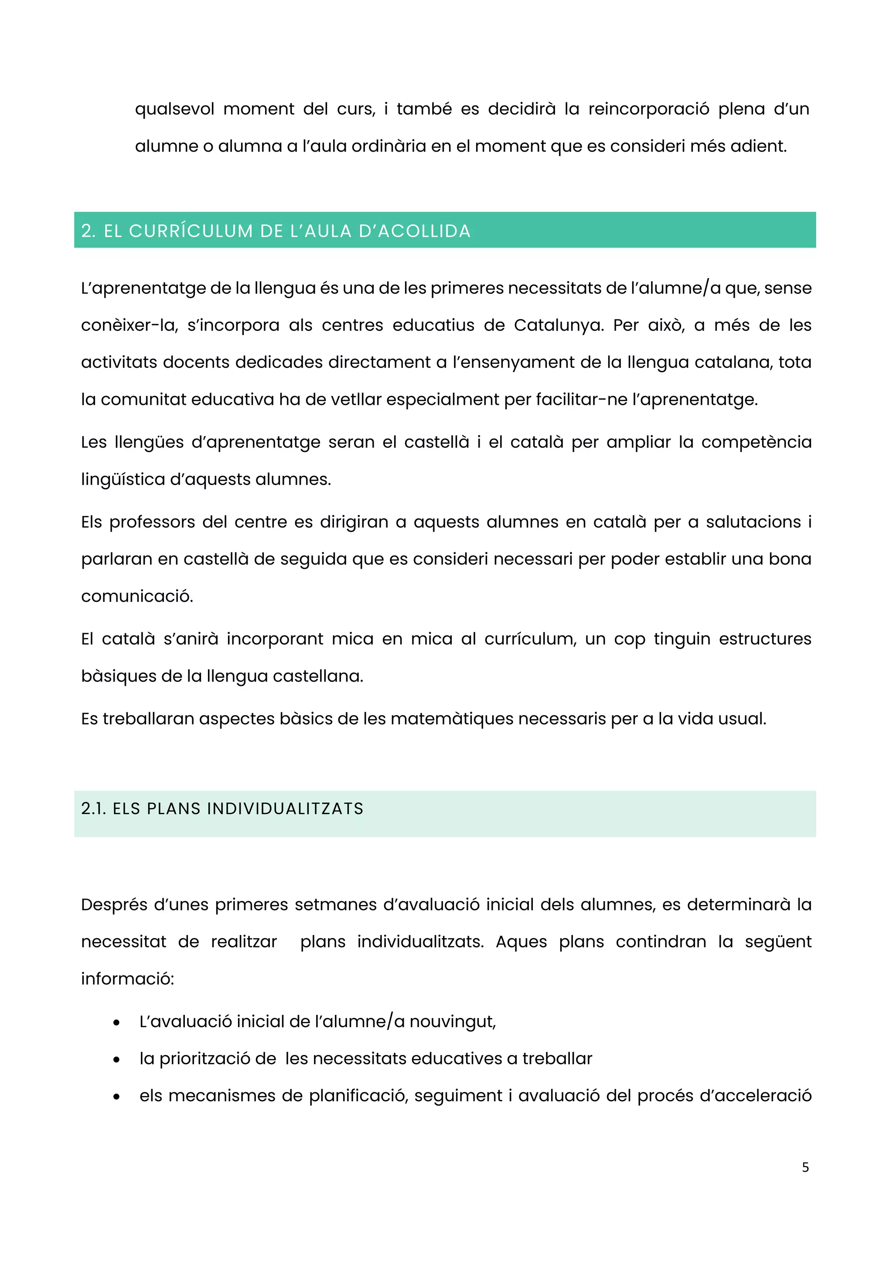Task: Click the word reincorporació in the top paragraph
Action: (x=649, y=109)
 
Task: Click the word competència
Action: (x=756, y=442)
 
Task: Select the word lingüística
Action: (x=122, y=480)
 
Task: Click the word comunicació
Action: (x=137, y=597)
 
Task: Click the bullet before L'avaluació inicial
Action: (x=116, y=1022)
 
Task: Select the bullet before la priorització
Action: (x=116, y=1060)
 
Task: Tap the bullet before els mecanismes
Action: (x=116, y=1096)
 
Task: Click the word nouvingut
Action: (x=452, y=1022)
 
